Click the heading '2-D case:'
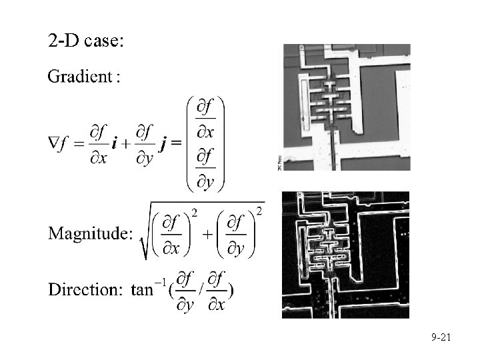click(x=85, y=41)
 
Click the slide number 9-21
click(x=441, y=339)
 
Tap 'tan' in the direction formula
click(x=141, y=289)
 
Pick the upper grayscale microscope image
click(x=347, y=107)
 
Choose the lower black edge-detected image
click(x=345, y=254)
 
